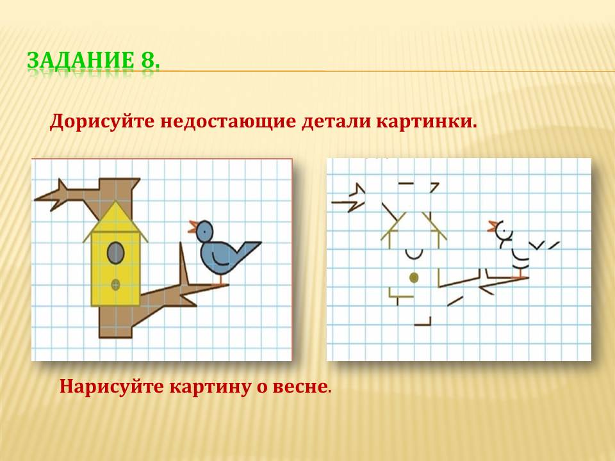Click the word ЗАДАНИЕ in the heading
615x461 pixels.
81,60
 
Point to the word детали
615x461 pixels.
336,122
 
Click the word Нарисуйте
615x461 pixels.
111,387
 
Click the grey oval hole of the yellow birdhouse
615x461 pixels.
116,253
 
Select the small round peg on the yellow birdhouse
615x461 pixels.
115,285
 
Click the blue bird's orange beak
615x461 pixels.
193,227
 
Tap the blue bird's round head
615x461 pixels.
204,231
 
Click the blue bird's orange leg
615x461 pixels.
221,279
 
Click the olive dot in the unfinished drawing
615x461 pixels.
413,278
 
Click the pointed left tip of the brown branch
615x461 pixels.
35,200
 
